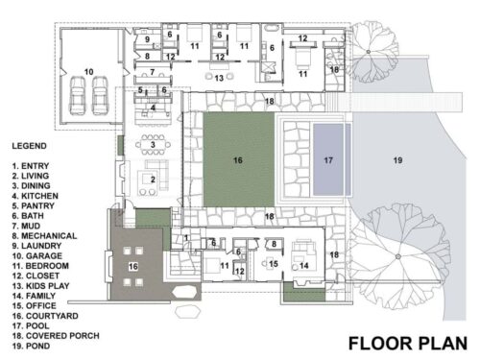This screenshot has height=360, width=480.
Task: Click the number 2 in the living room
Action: [x=152, y=180]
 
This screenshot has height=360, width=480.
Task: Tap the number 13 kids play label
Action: [x=219, y=76]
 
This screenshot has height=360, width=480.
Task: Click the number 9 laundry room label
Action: [x=148, y=39]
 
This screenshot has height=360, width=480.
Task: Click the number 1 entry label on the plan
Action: [x=186, y=237]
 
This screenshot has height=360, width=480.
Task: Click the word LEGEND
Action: [x=30, y=146]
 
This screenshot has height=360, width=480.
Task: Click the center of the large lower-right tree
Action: [x=395, y=257]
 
